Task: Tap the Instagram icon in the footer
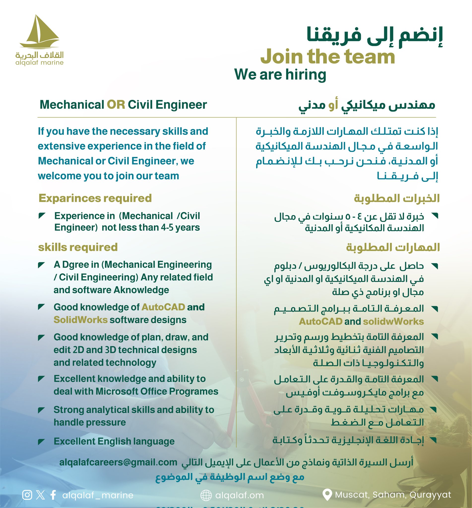(x=27, y=495)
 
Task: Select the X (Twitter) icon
(x=40, y=495)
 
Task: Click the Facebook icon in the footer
(x=53, y=495)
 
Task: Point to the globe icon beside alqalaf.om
(x=206, y=495)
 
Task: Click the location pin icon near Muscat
(x=327, y=495)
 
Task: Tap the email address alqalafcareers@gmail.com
(x=118, y=462)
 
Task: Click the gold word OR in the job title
(x=116, y=105)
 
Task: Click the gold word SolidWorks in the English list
(x=80, y=320)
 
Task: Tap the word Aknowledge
(x=141, y=290)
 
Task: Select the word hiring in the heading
(x=306, y=75)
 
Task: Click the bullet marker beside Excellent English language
(x=41, y=442)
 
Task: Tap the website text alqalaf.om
(x=239, y=496)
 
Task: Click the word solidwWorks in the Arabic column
(x=393, y=321)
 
